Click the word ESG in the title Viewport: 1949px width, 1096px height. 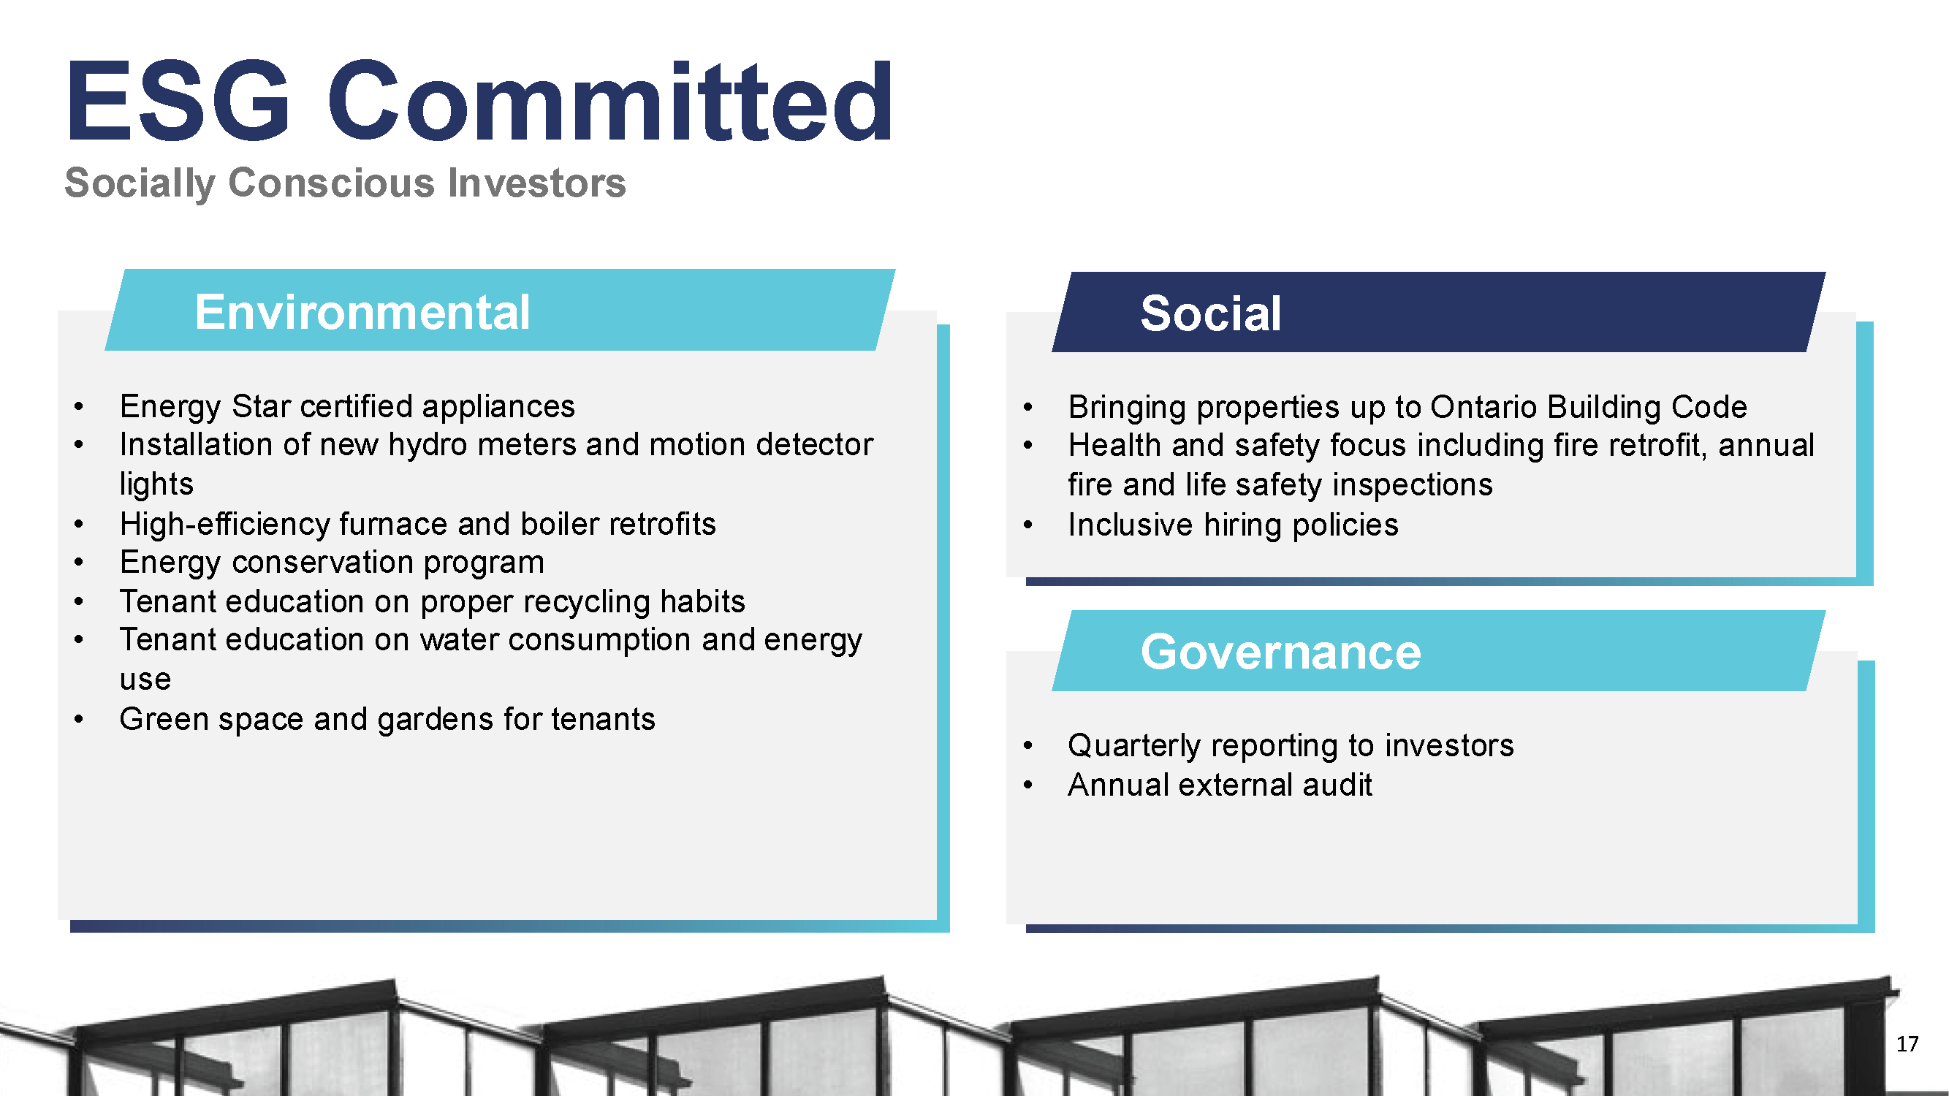click(178, 101)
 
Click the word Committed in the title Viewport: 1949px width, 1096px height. click(609, 101)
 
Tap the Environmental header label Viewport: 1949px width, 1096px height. click(362, 312)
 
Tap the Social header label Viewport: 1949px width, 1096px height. click(1211, 313)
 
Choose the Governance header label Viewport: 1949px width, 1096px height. click(1281, 652)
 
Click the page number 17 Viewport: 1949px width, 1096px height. click(1907, 1044)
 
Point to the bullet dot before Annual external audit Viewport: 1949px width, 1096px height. click(1027, 785)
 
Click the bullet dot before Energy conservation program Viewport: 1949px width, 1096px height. click(79, 562)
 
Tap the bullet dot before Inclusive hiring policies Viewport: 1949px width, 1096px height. click(1027, 524)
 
